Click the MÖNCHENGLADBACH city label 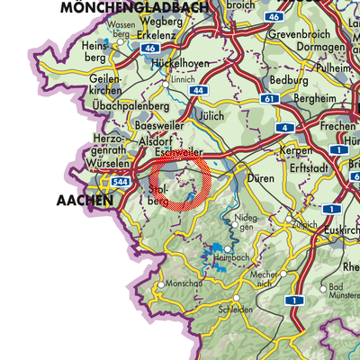click(145, 7)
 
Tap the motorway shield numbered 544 click(118, 181)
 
